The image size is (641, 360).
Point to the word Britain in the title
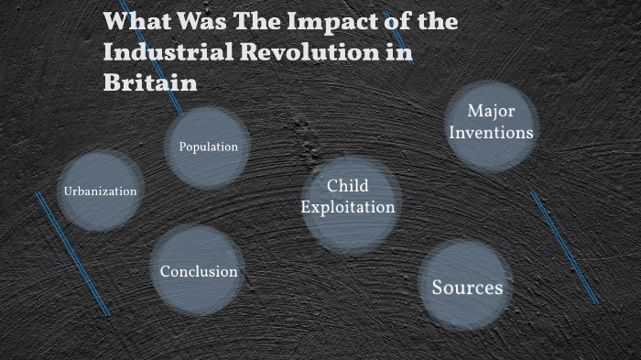pos(150,82)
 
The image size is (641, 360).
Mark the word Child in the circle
pos(348,187)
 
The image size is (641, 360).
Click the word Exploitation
pos(348,207)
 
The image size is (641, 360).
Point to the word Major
pos(491,111)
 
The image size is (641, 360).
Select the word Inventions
pos(492,132)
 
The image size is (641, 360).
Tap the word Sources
pos(467,288)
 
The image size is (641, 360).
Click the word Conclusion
pos(199,271)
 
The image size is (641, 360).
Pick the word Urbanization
pos(100,191)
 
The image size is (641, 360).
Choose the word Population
pos(208,147)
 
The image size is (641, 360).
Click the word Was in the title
pos(196,21)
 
